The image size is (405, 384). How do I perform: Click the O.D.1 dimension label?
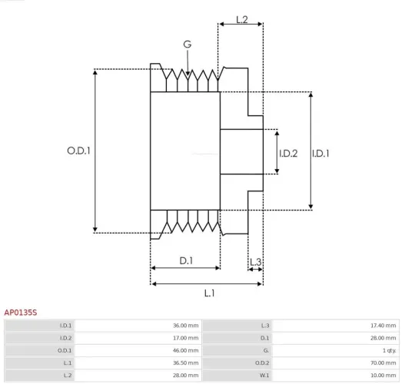(x=78, y=151)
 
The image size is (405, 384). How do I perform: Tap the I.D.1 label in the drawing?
(x=320, y=153)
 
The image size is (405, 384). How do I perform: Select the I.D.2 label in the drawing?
(x=287, y=153)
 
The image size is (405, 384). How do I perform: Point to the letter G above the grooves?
(x=187, y=45)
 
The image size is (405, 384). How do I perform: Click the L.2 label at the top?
(x=241, y=19)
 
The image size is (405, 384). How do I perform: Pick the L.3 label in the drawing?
(x=256, y=263)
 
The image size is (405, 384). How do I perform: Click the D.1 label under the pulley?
(x=186, y=261)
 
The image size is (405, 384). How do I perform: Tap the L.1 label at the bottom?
(x=209, y=293)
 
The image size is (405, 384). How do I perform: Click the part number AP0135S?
(x=21, y=313)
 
